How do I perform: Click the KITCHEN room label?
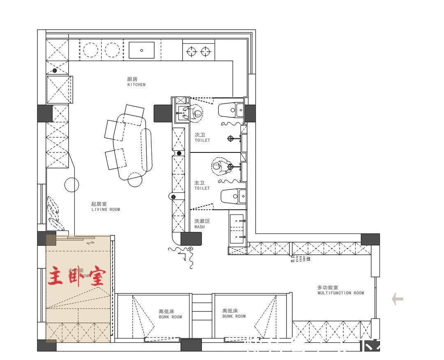136,82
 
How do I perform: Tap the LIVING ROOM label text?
106,207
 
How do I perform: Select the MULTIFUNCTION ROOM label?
340,291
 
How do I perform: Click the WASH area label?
202,224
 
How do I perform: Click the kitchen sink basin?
141,50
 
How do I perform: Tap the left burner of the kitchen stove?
191,51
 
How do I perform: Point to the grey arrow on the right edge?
397,299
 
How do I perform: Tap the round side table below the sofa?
135,179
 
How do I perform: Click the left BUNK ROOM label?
170,314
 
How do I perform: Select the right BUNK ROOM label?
234,314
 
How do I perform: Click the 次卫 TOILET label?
202,137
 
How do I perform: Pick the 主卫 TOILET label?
202,185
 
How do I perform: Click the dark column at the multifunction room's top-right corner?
370,240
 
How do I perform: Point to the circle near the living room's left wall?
72,185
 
